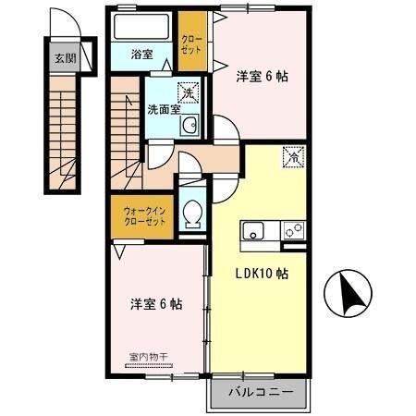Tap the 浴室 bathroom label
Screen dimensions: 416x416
[x=141, y=55]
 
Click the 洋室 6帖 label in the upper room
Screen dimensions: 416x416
[x=262, y=77]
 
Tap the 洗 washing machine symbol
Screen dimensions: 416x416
[x=187, y=92]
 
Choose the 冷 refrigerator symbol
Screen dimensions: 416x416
[x=293, y=158]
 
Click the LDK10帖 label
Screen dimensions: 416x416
[x=260, y=274]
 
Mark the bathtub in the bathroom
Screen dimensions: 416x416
[x=141, y=26]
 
